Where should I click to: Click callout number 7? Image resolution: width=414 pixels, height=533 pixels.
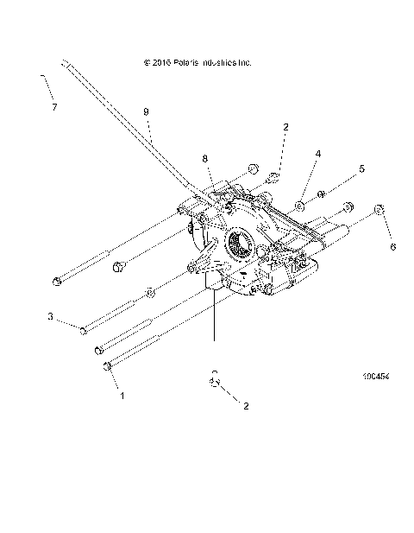(x=54, y=107)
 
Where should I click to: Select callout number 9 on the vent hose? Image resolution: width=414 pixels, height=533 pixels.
(x=146, y=111)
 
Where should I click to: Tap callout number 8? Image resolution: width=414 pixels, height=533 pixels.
(x=205, y=158)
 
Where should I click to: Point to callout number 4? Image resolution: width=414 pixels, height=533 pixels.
(x=317, y=153)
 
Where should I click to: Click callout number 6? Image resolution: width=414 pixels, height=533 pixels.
(x=393, y=246)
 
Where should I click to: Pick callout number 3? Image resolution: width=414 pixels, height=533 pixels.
(x=51, y=318)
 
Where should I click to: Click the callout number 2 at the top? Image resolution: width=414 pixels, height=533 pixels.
(x=285, y=126)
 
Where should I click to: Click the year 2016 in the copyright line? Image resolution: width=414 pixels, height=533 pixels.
(x=158, y=63)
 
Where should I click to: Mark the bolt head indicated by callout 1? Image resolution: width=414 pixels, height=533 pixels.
(x=107, y=367)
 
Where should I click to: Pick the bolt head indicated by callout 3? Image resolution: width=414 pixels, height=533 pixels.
(x=84, y=330)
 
